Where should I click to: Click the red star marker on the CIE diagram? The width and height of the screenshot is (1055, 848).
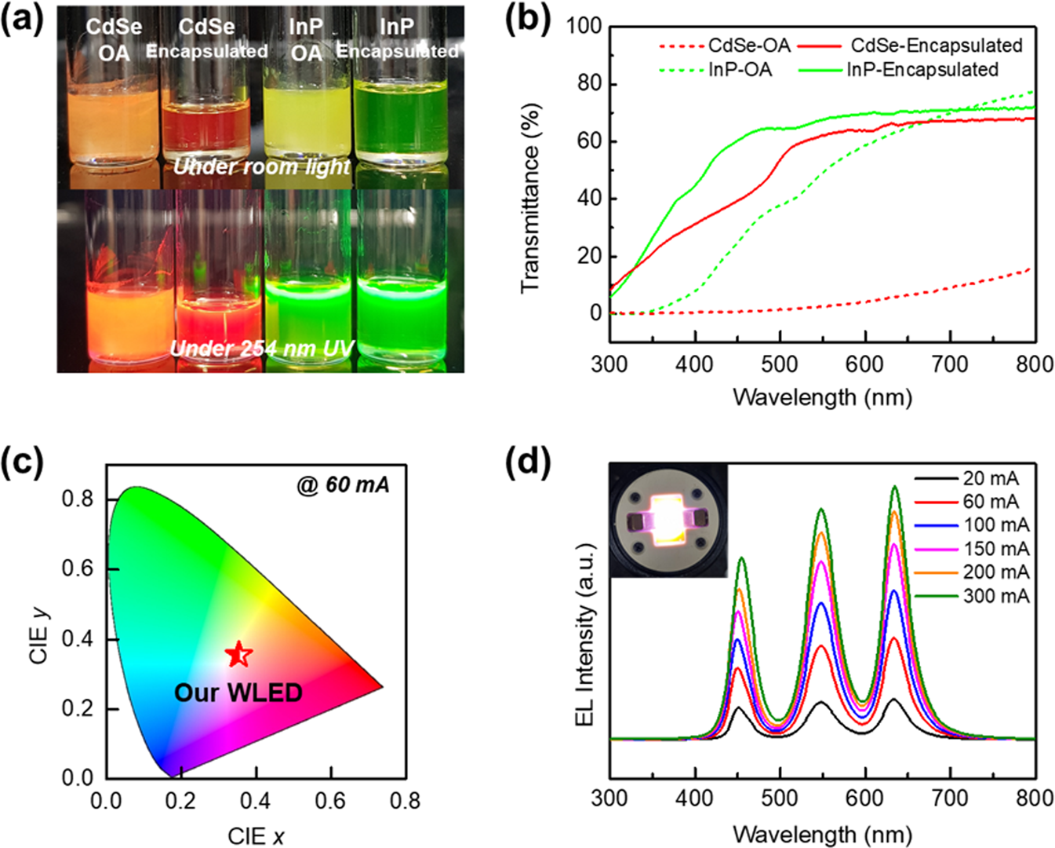coord(239,654)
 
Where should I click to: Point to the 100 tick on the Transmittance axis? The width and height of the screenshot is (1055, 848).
coord(584,26)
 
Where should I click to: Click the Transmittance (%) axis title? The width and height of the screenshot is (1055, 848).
coord(531,198)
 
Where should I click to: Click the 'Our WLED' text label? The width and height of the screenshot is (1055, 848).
coord(238,693)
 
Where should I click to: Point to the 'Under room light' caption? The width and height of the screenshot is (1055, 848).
coord(261,166)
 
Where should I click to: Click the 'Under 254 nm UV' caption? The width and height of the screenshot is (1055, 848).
coord(261,348)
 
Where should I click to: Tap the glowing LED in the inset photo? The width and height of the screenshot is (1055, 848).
coord(668,518)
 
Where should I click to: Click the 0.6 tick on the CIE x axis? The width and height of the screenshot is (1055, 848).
coord(329,800)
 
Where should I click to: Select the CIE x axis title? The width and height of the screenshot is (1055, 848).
coord(256,835)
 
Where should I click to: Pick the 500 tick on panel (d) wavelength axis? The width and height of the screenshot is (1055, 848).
coord(780,799)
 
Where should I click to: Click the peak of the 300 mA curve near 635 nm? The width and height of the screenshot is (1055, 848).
coord(894,487)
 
